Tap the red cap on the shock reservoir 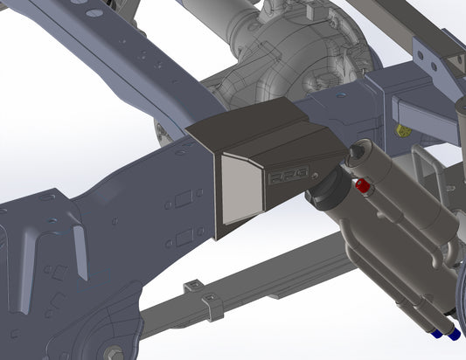360,186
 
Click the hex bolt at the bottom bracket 115,352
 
